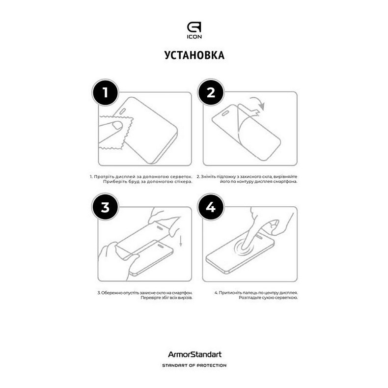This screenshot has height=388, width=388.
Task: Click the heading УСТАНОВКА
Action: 194,55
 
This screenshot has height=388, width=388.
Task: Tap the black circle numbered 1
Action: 105,92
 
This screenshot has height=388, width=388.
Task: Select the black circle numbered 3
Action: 105,207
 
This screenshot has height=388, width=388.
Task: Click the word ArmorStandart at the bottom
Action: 194,354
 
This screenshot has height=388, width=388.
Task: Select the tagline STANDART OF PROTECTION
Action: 194,365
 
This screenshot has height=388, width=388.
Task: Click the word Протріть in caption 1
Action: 103,176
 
